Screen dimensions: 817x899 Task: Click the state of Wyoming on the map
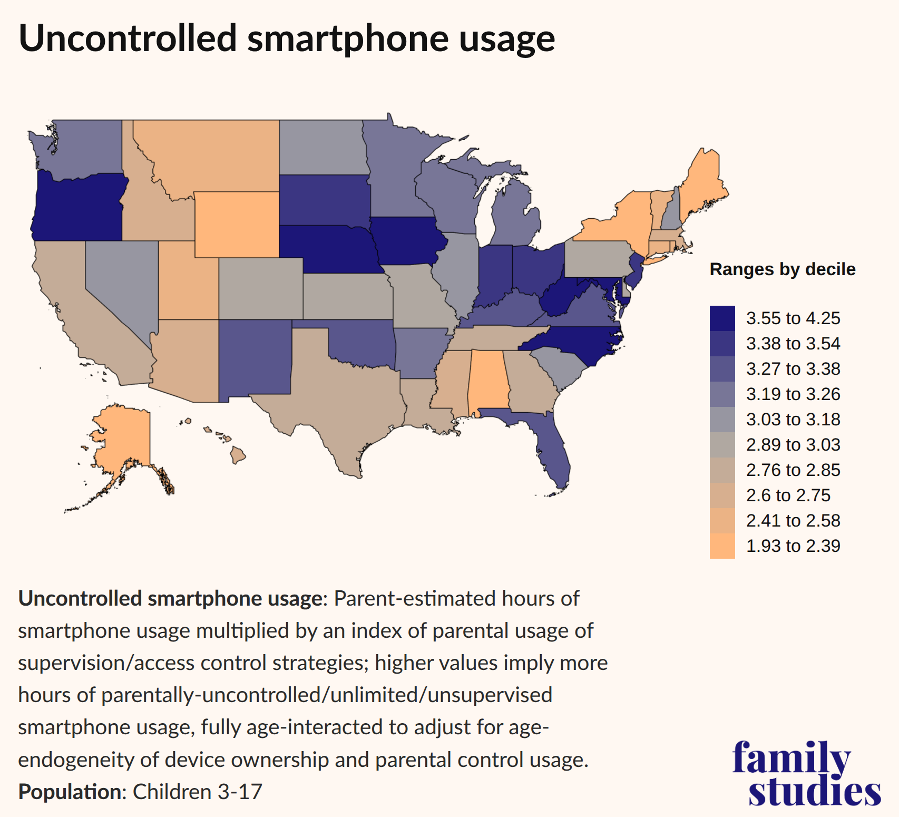tap(237, 225)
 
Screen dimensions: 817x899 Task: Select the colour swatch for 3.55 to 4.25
tap(722, 318)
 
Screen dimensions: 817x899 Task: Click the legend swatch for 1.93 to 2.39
tap(722, 546)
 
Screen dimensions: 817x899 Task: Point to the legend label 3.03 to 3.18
tap(793, 420)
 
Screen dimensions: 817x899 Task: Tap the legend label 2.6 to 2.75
tap(788, 495)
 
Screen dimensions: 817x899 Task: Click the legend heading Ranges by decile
tap(782, 269)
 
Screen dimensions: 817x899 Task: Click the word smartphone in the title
tap(348, 38)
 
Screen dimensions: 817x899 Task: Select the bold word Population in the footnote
tap(70, 792)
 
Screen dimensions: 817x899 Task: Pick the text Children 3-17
tap(197, 792)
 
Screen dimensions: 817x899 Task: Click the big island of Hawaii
tap(238, 455)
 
